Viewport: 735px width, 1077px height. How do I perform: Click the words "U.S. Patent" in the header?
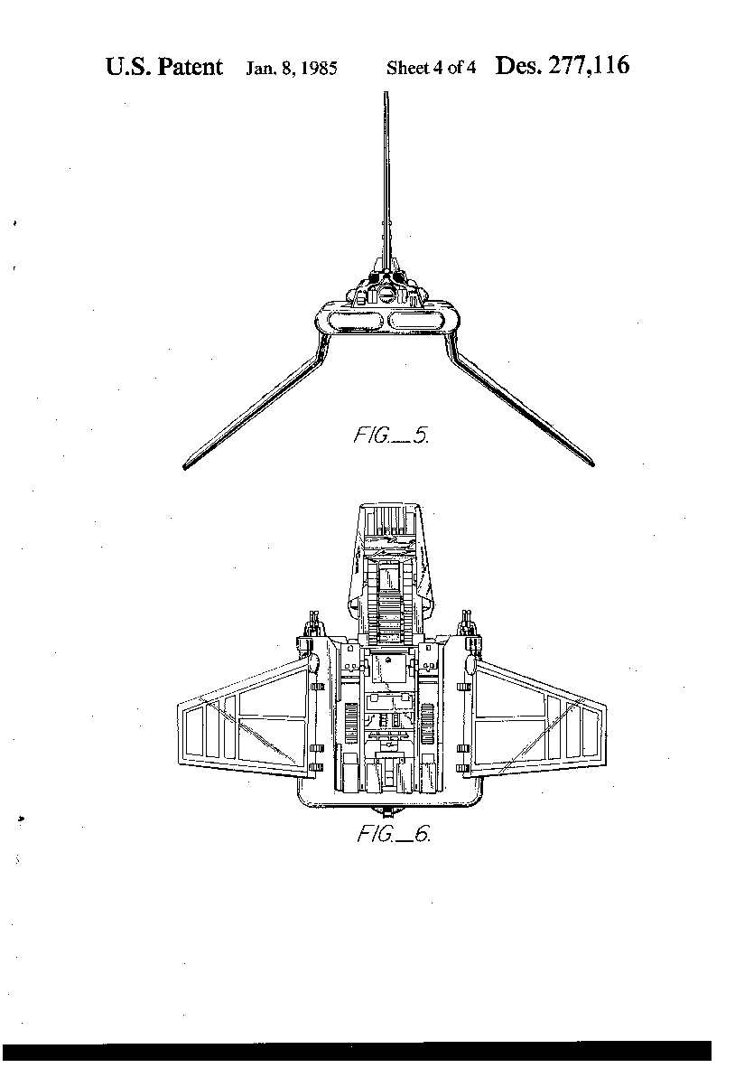(163, 67)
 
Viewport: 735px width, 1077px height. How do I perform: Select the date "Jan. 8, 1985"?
(292, 69)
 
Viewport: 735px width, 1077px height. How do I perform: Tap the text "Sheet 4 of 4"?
(431, 68)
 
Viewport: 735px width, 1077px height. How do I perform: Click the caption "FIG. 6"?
(393, 835)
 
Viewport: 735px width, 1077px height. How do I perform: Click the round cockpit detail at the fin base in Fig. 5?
(388, 291)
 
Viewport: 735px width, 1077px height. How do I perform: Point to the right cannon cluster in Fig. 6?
(468, 623)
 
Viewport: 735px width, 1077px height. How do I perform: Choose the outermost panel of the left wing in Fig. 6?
(192, 732)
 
